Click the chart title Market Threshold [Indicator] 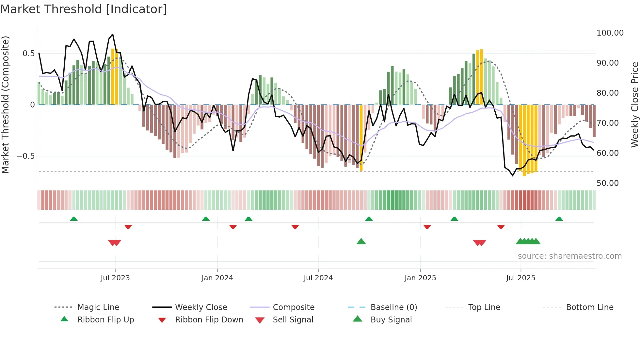pos(84,9)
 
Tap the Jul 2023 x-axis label pos(115,278)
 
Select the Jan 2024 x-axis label pos(217,278)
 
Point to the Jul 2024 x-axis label pos(318,278)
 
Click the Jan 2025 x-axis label pos(420,278)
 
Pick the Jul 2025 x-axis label pos(520,278)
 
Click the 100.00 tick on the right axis pos(610,33)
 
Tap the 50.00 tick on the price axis pos(607,183)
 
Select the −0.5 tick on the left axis pos(26,156)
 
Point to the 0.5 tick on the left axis pos(28,54)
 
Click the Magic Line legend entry pos(98,307)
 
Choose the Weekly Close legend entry pos(201,307)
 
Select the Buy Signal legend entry pos(391,320)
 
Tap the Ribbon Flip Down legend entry pos(209,320)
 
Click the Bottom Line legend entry pos(589,307)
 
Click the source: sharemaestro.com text pos(569,256)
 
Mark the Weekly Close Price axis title pos(634,105)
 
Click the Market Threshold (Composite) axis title pos(5,105)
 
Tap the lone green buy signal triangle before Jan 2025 pos(361,241)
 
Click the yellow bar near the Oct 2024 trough pos(361,137)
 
